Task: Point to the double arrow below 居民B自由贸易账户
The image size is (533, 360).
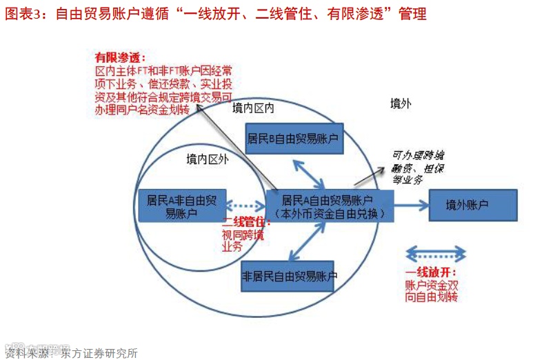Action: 309,173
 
